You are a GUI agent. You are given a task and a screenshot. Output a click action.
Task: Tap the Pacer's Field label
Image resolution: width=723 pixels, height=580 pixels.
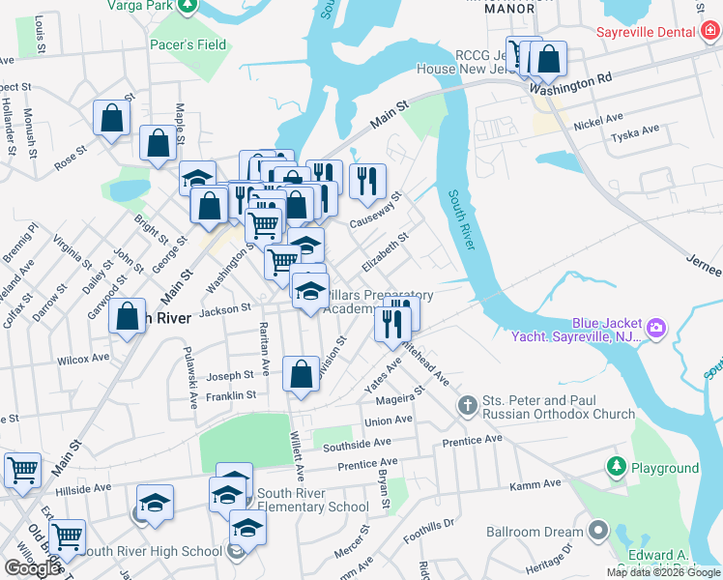pyautogui.click(x=188, y=44)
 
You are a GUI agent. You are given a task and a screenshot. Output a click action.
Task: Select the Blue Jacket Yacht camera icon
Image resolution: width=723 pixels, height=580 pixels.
pyautogui.click(x=656, y=329)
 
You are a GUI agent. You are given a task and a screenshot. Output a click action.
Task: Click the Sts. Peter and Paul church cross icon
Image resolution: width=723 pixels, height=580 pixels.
pyautogui.click(x=468, y=405)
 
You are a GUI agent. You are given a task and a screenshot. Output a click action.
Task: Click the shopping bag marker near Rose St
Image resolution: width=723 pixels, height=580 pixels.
pyautogui.click(x=112, y=118)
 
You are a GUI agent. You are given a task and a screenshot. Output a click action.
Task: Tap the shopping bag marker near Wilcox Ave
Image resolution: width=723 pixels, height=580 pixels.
pyautogui.click(x=128, y=317)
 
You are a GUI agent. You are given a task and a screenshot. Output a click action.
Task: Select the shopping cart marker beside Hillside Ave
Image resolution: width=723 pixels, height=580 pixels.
pyautogui.click(x=22, y=471)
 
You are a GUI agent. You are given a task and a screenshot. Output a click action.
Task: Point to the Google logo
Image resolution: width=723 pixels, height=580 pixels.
pyautogui.click(x=32, y=568)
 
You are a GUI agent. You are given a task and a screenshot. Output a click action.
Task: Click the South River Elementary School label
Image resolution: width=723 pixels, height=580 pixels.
pyautogui.click(x=307, y=507)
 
